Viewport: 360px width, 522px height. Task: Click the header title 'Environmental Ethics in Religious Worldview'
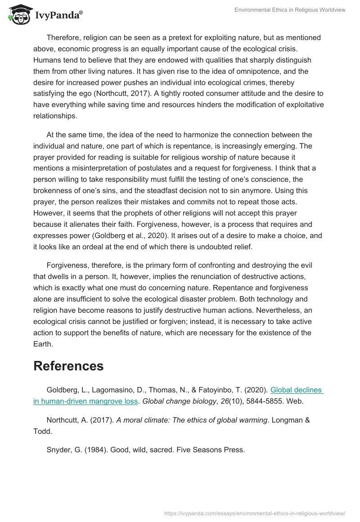(x=290, y=10)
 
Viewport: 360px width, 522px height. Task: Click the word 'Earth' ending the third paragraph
(x=43, y=332)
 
